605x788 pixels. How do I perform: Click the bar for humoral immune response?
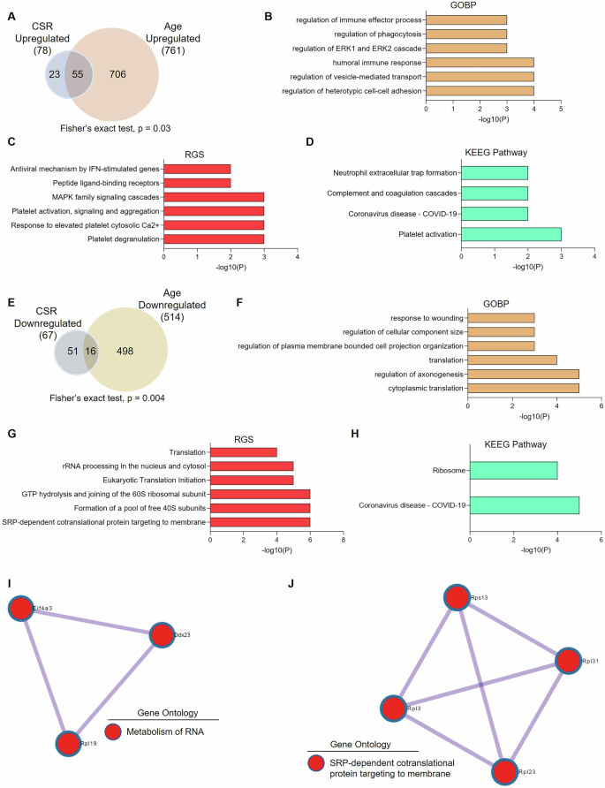480,63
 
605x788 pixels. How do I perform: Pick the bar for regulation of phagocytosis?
466,33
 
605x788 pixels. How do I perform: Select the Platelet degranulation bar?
213,239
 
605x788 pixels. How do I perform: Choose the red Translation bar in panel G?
243,452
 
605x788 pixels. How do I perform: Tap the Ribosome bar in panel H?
513,471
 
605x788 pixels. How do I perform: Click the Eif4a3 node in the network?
20,609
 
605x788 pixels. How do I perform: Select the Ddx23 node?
161,634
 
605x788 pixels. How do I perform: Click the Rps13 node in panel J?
456,598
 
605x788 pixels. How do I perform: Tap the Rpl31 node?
570,661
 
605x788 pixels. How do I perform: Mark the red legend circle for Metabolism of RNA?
114,731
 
